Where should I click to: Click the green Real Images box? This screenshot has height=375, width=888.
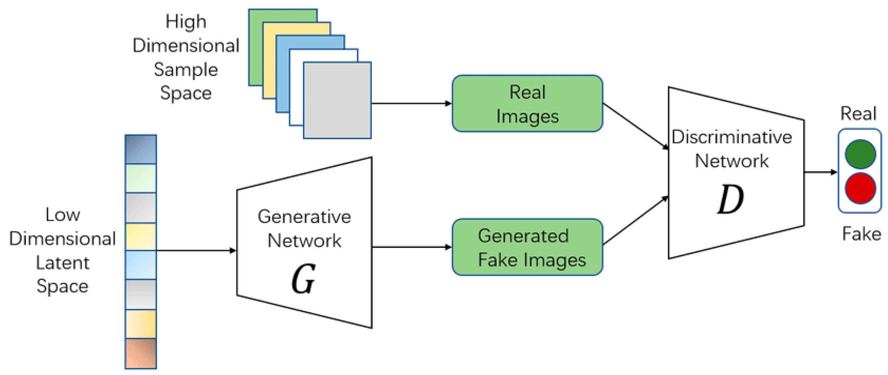[x=527, y=103]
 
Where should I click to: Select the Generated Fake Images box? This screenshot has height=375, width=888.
[x=527, y=247]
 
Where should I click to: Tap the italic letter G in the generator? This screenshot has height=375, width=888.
[x=303, y=279]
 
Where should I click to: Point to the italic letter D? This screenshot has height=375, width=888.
[x=730, y=200]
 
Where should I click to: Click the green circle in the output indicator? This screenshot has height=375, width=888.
[x=860, y=154]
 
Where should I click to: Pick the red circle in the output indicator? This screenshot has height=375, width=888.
[x=860, y=188]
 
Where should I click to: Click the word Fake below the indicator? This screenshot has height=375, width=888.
[x=861, y=234]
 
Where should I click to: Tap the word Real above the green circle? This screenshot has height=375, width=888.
[x=858, y=113]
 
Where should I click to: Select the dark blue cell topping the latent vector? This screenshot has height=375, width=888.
[x=141, y=149]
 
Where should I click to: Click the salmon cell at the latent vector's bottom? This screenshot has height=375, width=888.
[x=141, y=353]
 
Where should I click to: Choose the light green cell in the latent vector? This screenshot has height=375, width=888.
[x=141, y=178]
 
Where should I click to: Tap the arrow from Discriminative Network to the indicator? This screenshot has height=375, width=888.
[x=821, y=172]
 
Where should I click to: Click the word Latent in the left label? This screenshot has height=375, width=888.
[x=62, y=263]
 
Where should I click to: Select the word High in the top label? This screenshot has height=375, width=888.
[x=186, y=22]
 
